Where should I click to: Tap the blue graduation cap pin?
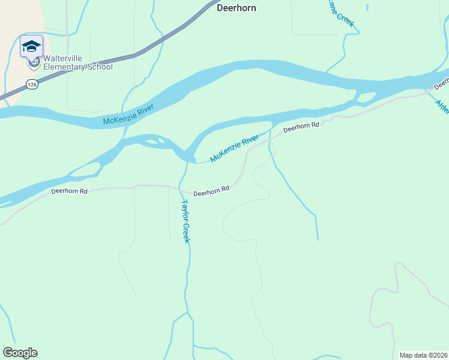pos(31,46)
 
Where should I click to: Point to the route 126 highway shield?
pos(32,85)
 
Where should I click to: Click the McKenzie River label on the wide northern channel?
pos(128,115)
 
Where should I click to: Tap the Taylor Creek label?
pos(185,221)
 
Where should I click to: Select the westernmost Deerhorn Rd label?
pos(70,191)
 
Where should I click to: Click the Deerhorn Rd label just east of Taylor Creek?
pos(211,189)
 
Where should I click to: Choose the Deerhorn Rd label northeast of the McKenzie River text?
pos(301,127)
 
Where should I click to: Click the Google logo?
pos(20,352)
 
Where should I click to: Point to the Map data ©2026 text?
pos(423,355)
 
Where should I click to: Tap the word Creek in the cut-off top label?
pos(345,20)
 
